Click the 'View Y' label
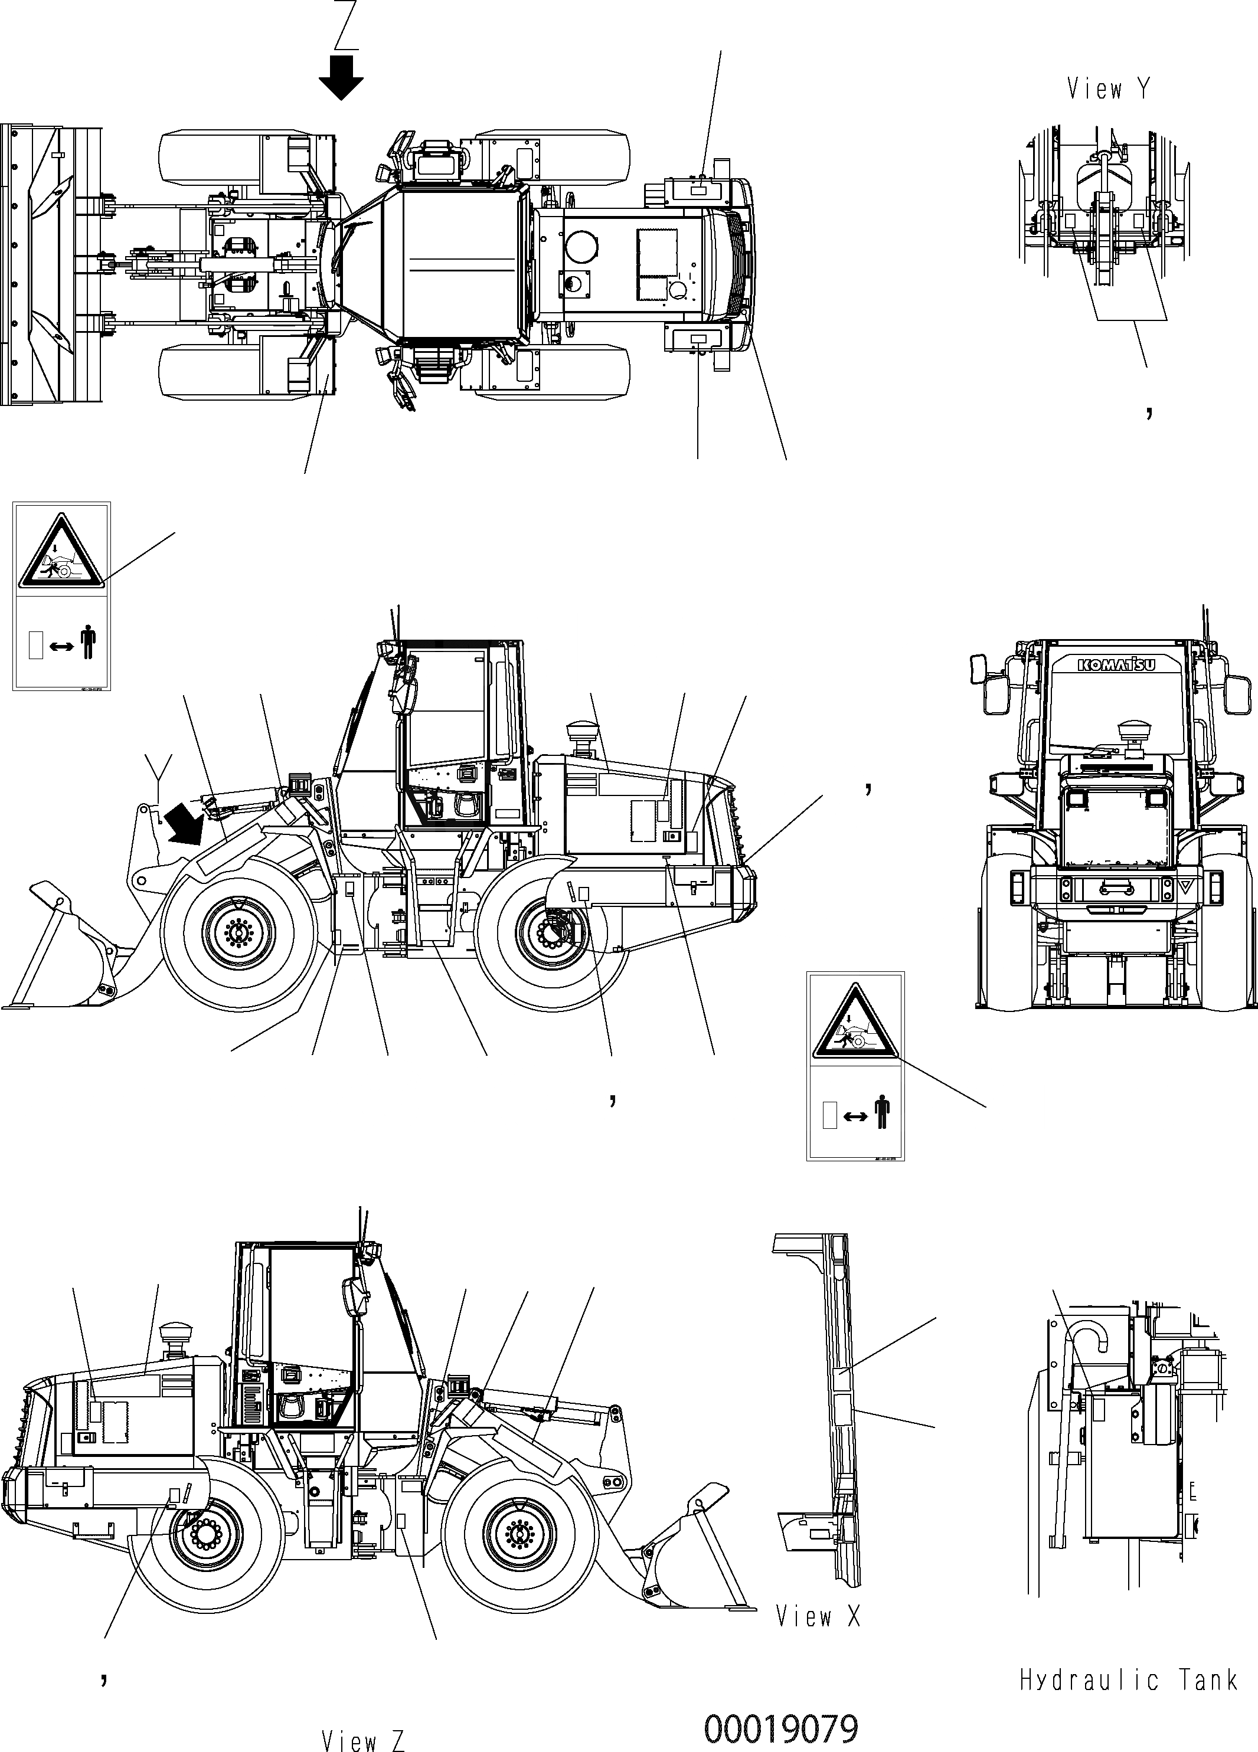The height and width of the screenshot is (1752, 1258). (x=1108, y=89)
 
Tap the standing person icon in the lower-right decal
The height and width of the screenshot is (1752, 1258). (x=882, y=1115)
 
